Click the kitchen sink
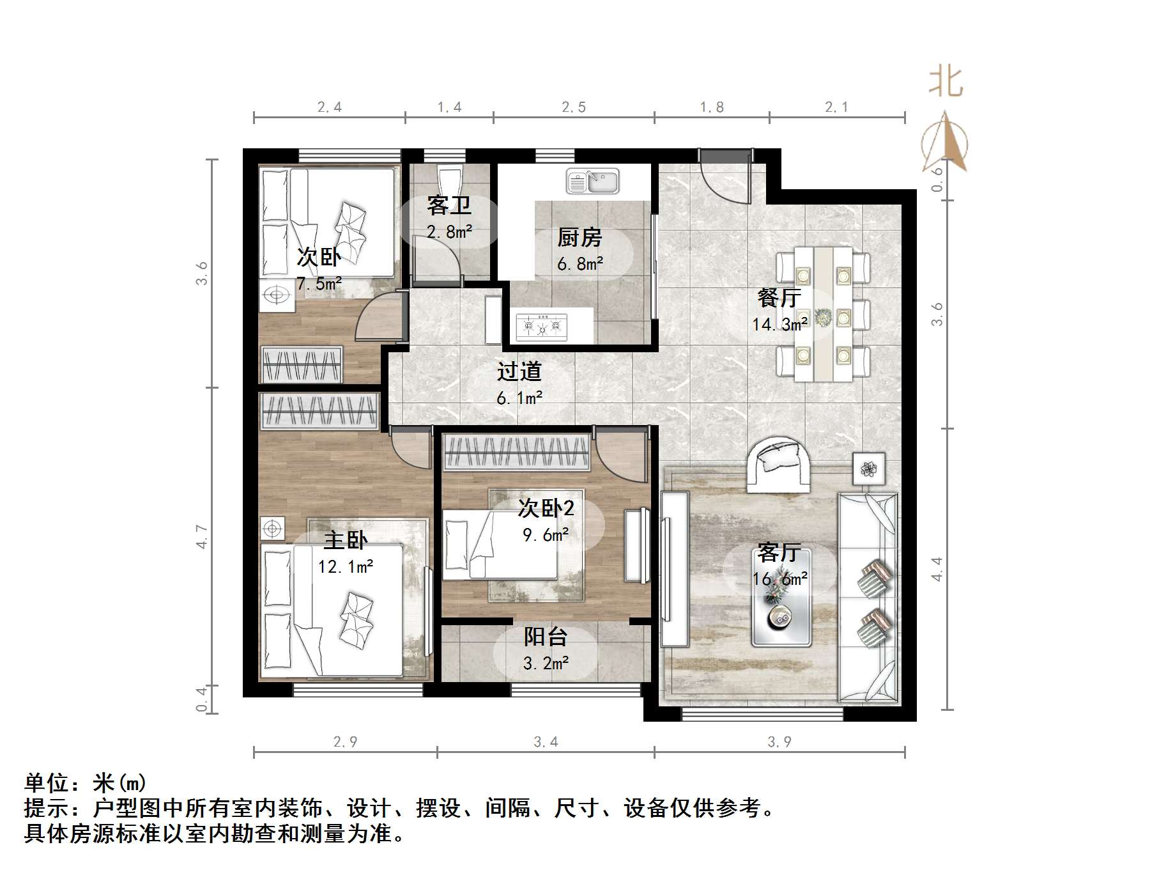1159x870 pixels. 592,181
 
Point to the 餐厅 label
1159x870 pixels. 779,298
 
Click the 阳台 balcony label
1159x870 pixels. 545,637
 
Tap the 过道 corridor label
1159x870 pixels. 519,371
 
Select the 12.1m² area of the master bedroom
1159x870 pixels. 346,567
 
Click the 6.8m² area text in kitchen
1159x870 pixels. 580,263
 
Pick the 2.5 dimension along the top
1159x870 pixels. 573,107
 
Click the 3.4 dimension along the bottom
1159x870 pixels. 546,742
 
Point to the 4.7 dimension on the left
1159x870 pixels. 202,536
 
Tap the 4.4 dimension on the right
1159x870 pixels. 937,569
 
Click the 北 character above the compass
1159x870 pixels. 946,83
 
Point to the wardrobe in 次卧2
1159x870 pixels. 516,452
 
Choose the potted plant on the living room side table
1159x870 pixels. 868,469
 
